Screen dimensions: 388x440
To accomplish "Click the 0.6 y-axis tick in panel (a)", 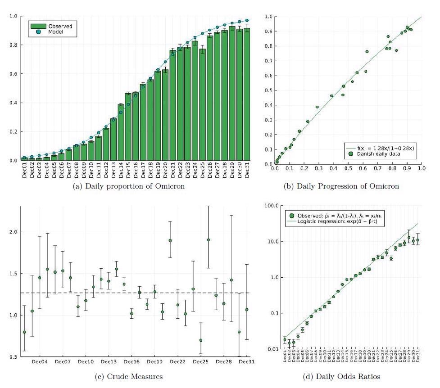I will coord(13,74).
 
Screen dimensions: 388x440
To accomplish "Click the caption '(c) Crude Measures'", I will coord(129,376).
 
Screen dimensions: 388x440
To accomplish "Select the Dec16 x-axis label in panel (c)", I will coord(132,361).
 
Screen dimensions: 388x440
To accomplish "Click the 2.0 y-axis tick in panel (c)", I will coord(13,232).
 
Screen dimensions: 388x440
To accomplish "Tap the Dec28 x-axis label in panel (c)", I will coord(223,361).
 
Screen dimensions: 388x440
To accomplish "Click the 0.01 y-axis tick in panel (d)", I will coord(269,349).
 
